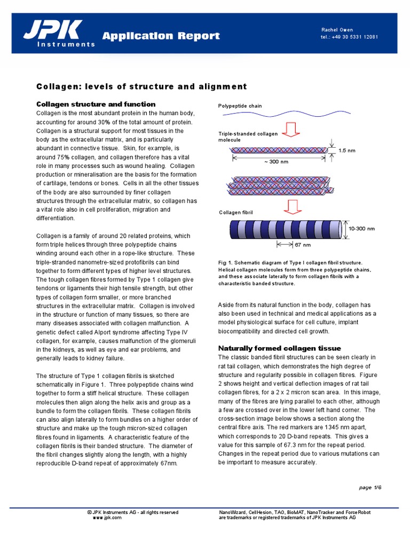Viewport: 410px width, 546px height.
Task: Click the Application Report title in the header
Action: point(161,36)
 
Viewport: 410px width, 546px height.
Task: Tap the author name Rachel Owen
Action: point(337,29)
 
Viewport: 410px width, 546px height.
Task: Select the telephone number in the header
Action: point(350,37)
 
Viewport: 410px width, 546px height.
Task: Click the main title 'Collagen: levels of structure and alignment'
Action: point(141,86)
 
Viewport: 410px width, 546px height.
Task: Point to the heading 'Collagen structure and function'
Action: point(96,104)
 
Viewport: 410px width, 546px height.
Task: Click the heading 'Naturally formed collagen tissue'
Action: point(279,348)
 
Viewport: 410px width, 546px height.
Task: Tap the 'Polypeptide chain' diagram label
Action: point(240,106)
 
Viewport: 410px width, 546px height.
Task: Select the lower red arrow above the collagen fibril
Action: point(291,206)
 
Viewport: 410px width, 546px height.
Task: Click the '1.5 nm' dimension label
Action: point(346,151)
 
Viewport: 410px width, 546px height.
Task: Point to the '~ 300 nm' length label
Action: point(276,162)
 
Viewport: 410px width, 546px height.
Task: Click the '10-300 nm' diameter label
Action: point(361,228)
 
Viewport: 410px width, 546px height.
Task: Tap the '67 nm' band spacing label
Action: point(302,245)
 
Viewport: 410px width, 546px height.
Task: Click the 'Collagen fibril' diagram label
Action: point(236,213)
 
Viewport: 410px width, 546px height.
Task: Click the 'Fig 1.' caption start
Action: point(225,263)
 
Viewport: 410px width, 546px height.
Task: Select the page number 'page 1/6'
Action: point(370,487)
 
